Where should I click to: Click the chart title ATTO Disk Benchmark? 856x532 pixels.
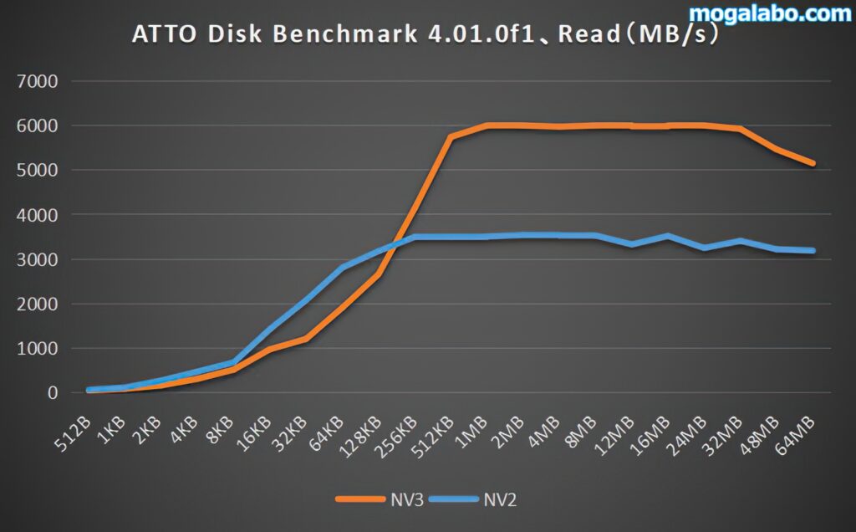click(426, 36)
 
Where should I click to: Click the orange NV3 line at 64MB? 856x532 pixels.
click(813, 163)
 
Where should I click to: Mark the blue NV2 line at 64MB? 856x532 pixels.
click(813, 250)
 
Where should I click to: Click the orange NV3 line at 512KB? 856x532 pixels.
click(451, 137)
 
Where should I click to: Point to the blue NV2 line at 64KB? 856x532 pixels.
click(343, 268)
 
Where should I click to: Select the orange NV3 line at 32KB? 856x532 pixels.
click(306, 339)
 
